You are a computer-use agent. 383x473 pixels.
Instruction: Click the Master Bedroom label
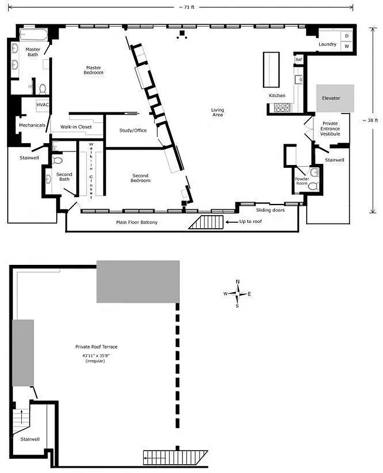point(93,70)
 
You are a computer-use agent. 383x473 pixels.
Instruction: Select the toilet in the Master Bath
point(43,89)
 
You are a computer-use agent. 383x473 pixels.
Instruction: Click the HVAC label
point(42,105)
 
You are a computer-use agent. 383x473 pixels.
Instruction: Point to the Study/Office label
point(132,130)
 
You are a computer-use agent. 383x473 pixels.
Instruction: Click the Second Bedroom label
point(140,178)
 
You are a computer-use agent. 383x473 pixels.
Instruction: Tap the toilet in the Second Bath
point(58,160)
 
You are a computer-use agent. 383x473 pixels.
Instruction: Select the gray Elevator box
point(334,98)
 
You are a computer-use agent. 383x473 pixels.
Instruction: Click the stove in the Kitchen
point(282,108)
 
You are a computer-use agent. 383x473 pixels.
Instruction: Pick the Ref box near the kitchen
point(299,59)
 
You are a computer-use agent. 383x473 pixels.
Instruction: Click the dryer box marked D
point(347,35)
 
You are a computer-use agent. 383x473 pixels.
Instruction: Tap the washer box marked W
point(347,46)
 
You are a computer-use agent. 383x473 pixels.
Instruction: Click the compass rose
point(237,294)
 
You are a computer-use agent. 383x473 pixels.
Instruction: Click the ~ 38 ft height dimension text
point(372,121)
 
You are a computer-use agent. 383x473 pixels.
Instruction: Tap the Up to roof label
point(251,221)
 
